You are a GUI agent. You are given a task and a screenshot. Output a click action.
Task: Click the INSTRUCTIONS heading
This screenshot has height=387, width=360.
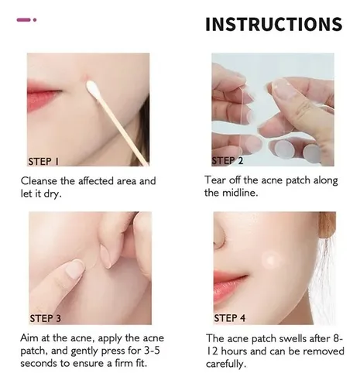pyautogui.click(x=273, y=24)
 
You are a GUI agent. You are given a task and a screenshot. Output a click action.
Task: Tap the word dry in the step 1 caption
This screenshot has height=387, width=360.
pyautogui.click(x=66, y=193)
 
